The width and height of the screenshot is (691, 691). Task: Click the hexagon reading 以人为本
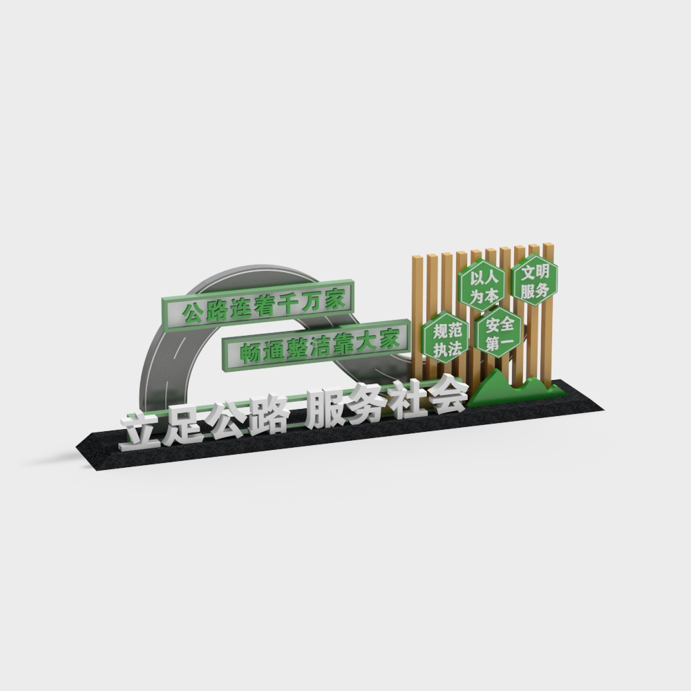(x=482, y=285)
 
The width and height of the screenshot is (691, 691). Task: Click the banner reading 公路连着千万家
(x=258, y=305)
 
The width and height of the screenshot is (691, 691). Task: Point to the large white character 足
(x=182, y=425)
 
